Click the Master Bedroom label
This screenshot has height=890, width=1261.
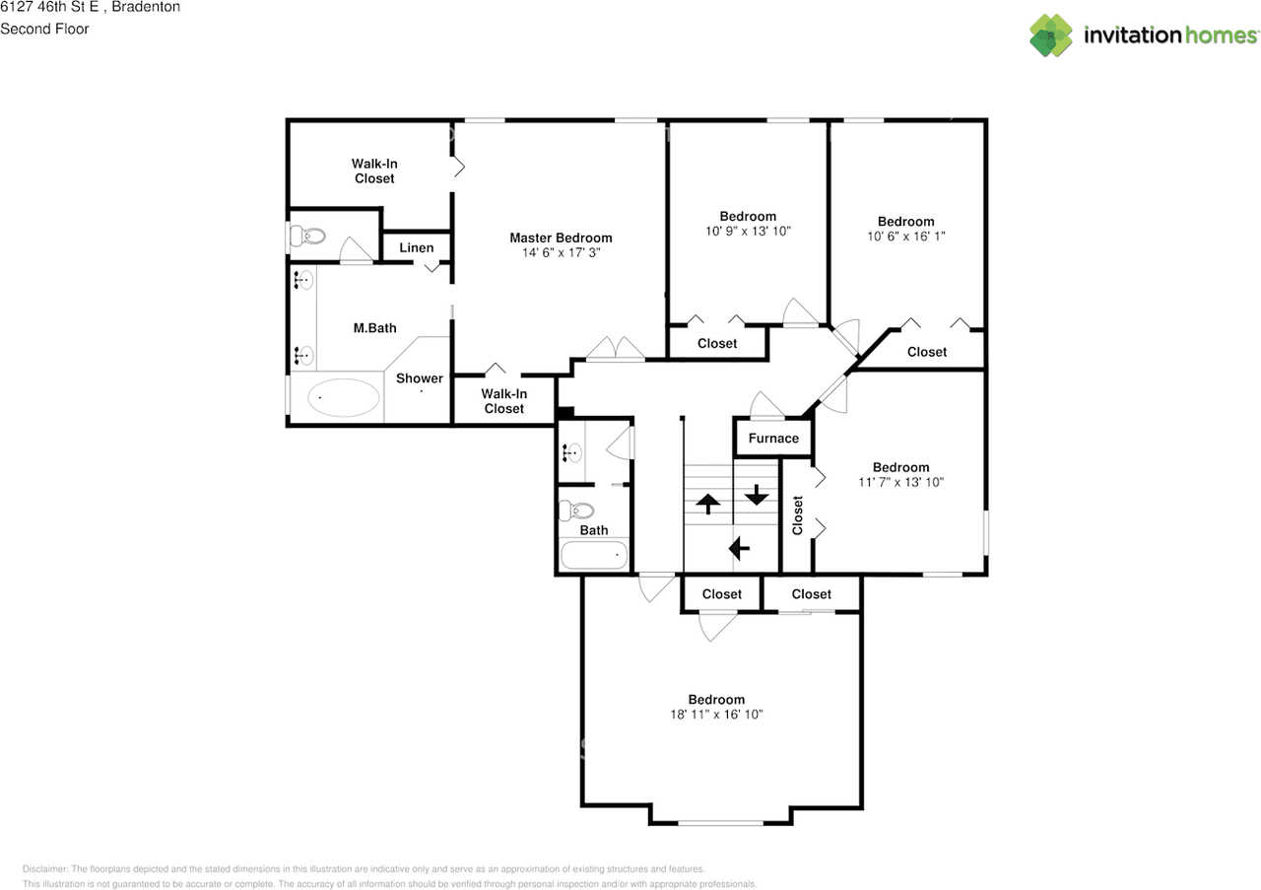[561, 238]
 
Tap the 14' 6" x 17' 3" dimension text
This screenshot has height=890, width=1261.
[561, 253]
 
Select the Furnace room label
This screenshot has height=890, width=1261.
[773, 439]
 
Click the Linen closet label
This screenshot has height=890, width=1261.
[417, 247]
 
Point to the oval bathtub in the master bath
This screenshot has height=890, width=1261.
[343, 397]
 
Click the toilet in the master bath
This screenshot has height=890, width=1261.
[307, 236]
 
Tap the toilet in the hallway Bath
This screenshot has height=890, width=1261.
[576, 511]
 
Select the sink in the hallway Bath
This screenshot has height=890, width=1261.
[572, 452]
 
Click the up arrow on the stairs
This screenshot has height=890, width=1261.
[707, 504]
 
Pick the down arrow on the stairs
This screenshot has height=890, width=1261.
[756, 495]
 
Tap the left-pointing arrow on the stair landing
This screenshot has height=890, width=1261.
[739, 548]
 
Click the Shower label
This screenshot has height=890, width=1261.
[420, 378]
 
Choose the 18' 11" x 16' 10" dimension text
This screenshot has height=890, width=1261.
[716, 715]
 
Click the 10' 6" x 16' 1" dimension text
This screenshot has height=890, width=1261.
[905, 237]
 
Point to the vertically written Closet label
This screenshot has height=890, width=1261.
[797, 515]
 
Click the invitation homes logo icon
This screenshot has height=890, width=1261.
[1051, 35]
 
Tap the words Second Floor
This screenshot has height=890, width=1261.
[44, 29]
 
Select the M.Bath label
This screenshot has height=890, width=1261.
[375, 328]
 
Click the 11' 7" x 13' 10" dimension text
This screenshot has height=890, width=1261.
[900, 482]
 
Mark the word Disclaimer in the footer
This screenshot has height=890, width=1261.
[44, 869]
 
